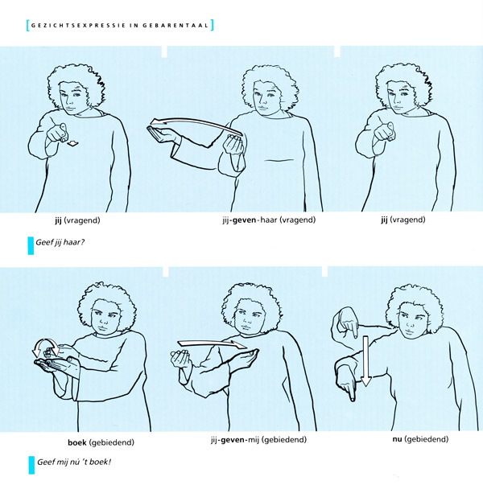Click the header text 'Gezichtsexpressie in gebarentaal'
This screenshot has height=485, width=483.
tap(120, 26)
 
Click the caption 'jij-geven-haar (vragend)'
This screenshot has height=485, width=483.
tap(269, 220)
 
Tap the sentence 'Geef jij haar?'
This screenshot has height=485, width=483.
tap(60, 242)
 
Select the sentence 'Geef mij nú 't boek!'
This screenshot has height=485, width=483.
tap(74, 462)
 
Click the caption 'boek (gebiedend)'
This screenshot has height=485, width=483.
tap(101, 442)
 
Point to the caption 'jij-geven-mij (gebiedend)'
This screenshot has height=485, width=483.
tap(258, 439)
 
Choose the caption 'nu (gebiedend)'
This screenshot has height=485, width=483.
tap(420, 439)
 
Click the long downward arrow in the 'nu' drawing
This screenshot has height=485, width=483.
tap(365, 361)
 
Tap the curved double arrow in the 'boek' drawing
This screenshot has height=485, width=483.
tap(45, 346)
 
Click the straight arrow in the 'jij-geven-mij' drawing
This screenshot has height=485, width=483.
tap(212, 343)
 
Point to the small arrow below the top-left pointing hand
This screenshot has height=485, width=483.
tap(73, 143)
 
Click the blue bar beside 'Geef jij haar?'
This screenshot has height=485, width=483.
tap(31, 245)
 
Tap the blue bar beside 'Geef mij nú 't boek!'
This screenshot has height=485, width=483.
tap(31, 465)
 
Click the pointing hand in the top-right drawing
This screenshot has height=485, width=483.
tap(384, 132)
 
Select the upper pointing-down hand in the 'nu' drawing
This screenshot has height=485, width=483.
tap(348, 323)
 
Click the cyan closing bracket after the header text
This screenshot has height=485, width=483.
tap(212, 25)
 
